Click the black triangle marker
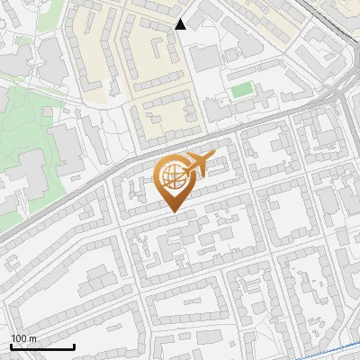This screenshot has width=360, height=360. [181, 24]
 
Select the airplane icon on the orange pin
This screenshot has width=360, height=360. [199, 165]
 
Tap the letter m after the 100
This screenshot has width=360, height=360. [33, 338]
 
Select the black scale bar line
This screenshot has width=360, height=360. [42, 346]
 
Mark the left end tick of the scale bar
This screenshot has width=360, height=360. [11, 345]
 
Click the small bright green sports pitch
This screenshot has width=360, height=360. [241, 90]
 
